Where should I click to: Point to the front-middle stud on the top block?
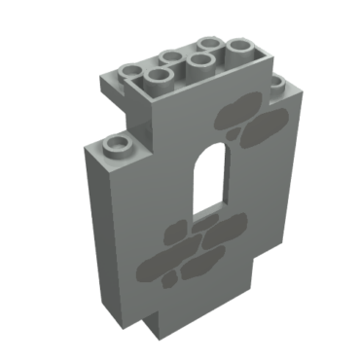pyautogui.click(x=201, y=63)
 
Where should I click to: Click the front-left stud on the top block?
pyautogui.click(x=158, y=78)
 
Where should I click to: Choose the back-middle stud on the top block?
pyautogui.click(x=173, y=57)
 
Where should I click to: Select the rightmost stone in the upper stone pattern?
pyautogui.click(x=271, y=122)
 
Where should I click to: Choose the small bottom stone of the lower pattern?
pyautogui.click(x=170, y=284)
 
